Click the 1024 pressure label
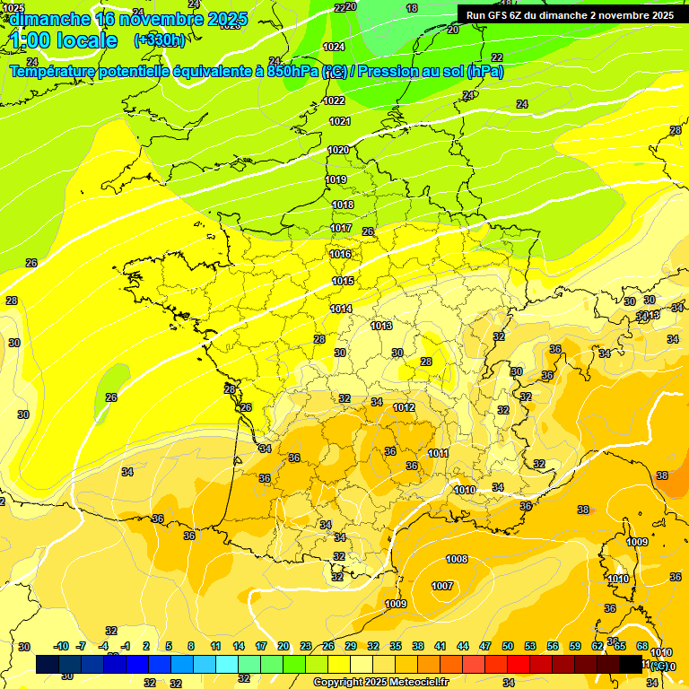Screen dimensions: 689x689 pos(334,47)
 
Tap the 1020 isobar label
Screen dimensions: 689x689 pos(338,150)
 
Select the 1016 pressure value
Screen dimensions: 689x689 pos(341,254)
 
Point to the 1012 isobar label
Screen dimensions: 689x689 pos(404,407)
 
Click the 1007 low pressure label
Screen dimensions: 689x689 pos(442,586)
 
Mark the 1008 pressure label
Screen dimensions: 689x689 pos(457,559)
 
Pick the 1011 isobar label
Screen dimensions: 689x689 pos(439,453)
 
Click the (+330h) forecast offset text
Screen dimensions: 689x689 pos(160,39)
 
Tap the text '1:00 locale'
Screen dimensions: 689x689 pos(64,40)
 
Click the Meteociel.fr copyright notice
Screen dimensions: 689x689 pos(380,682)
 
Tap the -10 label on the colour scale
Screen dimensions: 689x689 pos(61,646)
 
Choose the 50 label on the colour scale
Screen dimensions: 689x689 pos(508,646)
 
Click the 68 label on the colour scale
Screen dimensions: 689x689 pos(642,646)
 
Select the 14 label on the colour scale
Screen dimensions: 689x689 pos(239,646)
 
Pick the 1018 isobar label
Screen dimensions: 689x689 pos(343,205)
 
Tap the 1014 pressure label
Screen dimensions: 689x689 pos(341,309)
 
